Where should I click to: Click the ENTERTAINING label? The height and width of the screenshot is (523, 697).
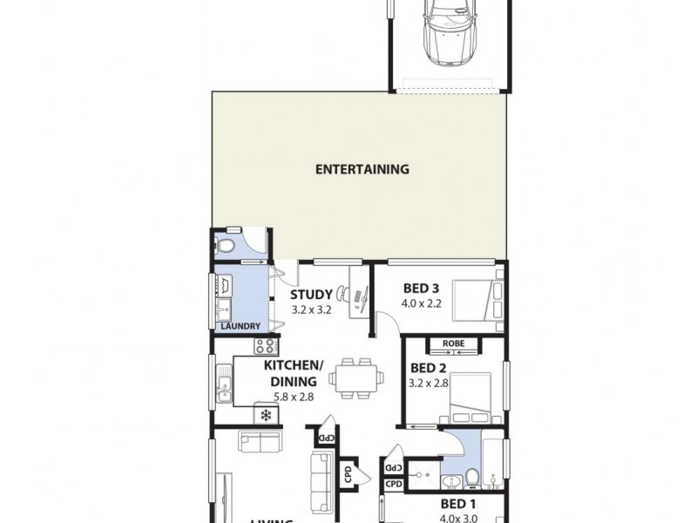pos(362,169)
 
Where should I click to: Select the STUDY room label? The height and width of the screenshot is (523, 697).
pos(311,295)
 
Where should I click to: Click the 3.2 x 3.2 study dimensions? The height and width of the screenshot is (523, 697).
pos(311,309)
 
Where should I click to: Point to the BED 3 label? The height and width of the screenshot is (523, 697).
pos(422,288)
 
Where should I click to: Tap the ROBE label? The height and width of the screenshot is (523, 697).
pos(453,343)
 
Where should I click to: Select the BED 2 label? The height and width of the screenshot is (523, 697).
pos(428,367)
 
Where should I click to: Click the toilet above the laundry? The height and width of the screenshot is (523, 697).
pos(226,245)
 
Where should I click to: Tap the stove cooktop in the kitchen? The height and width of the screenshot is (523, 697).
pos(266,346)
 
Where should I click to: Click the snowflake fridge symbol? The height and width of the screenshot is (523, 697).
pos(265,415)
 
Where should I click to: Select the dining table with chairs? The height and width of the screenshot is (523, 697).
pos(358,377)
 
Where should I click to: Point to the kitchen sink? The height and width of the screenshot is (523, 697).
pos(224,384)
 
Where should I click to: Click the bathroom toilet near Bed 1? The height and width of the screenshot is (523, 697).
pos(472,477)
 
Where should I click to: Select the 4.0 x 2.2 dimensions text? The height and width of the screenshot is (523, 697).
pos(422,303)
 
